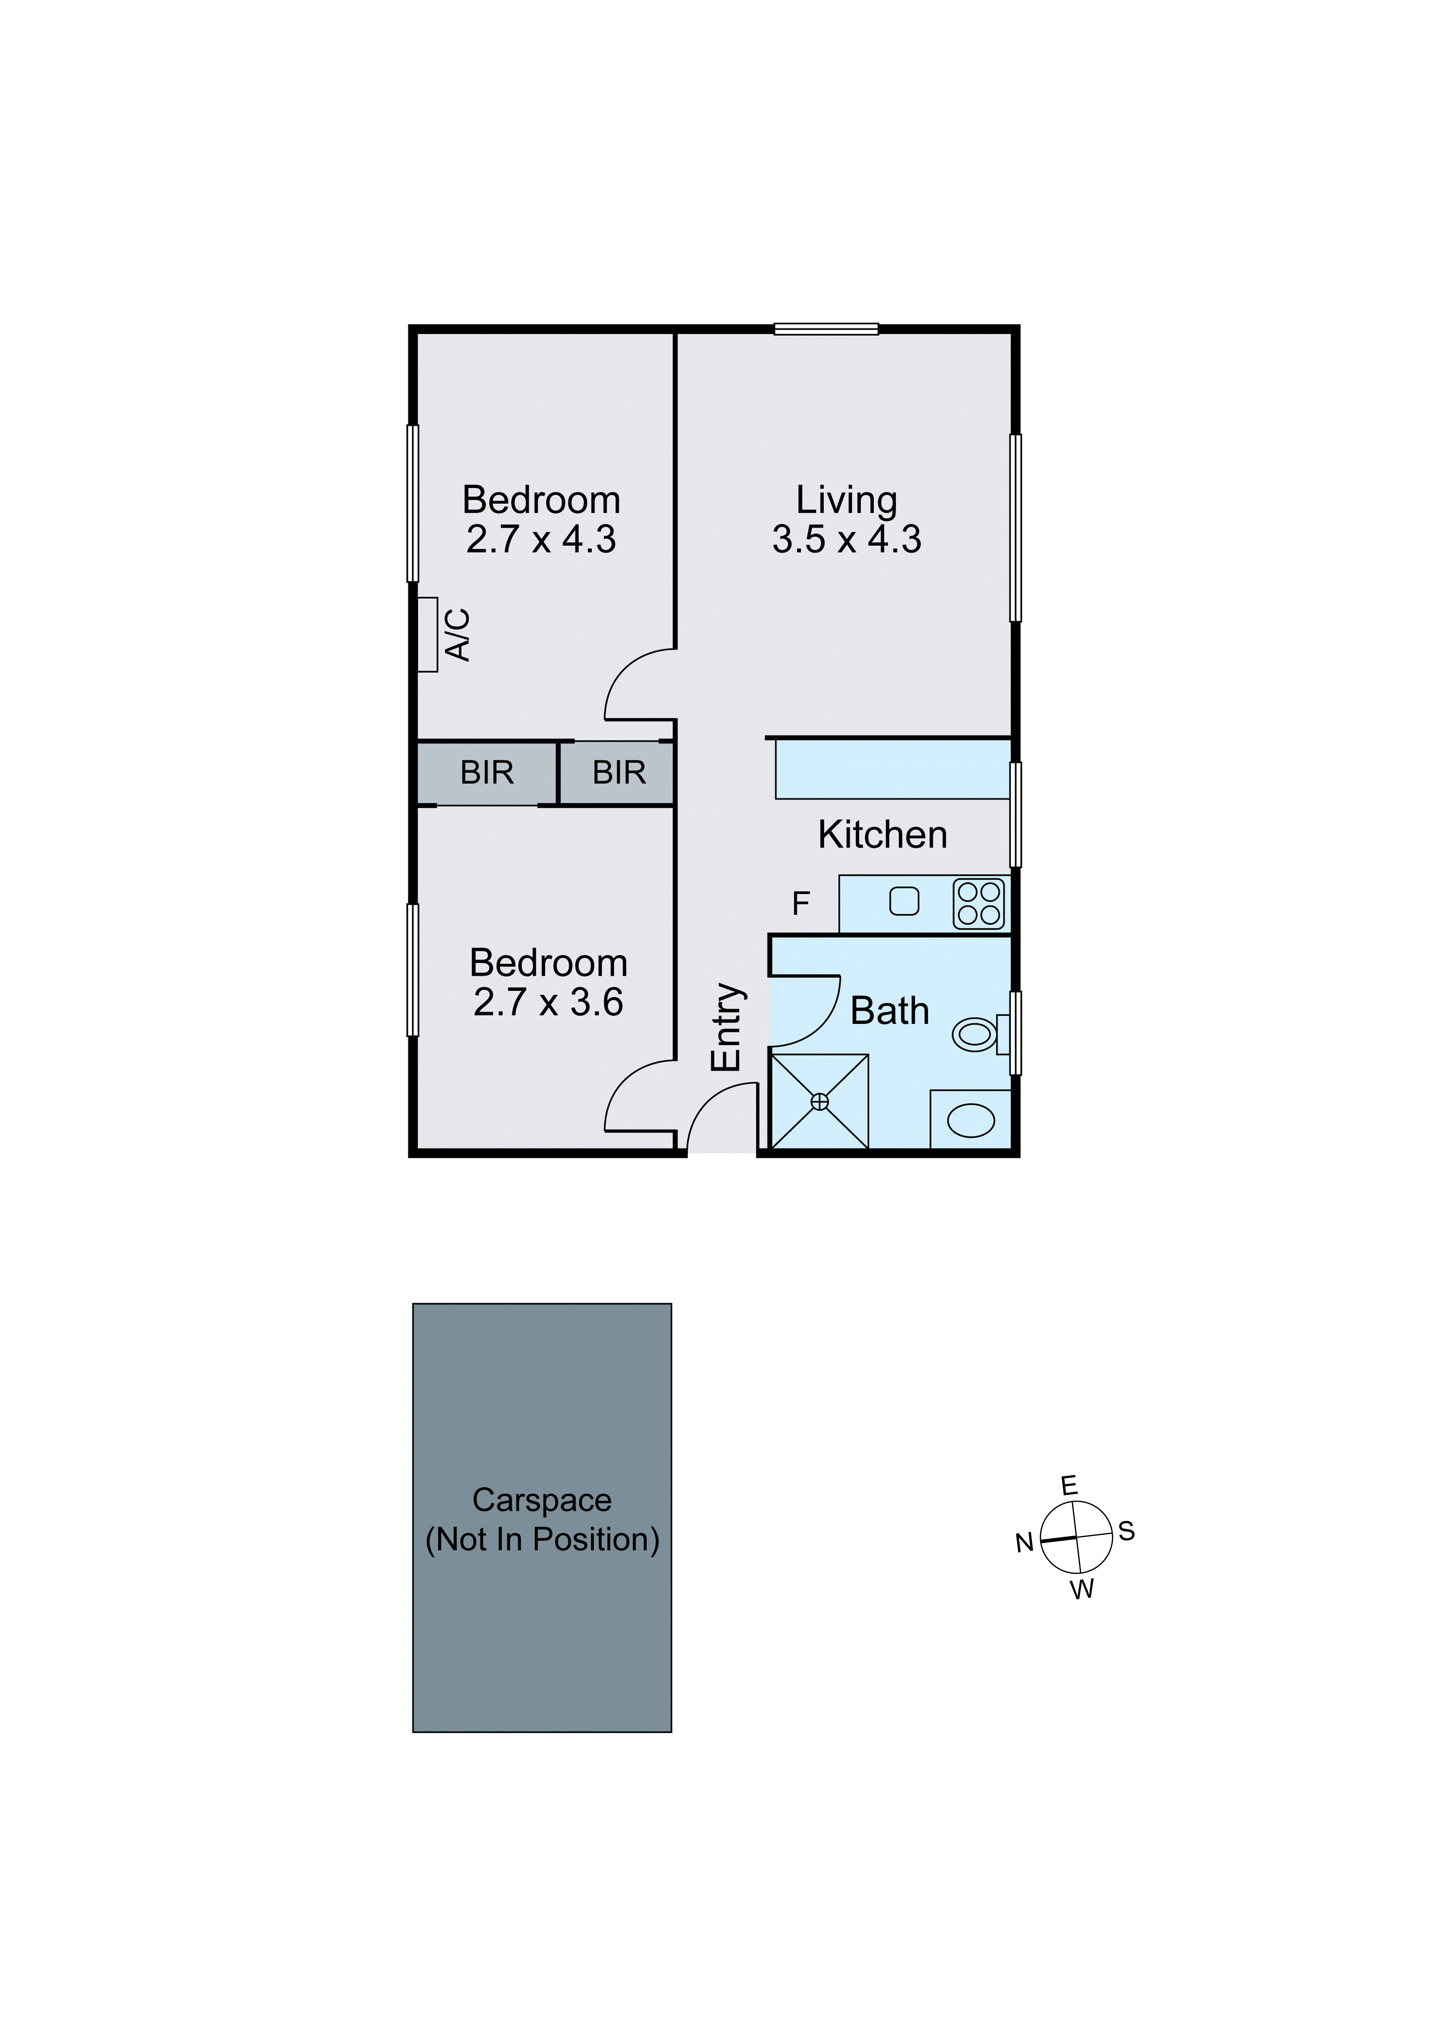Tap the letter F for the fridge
click(800, 904)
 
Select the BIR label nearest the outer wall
click(487, 773)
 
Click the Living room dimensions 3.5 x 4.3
click(847, 539)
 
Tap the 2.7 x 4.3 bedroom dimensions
click(541, 539)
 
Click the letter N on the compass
click(1024, 1543)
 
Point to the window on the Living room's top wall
click(826, 329)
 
